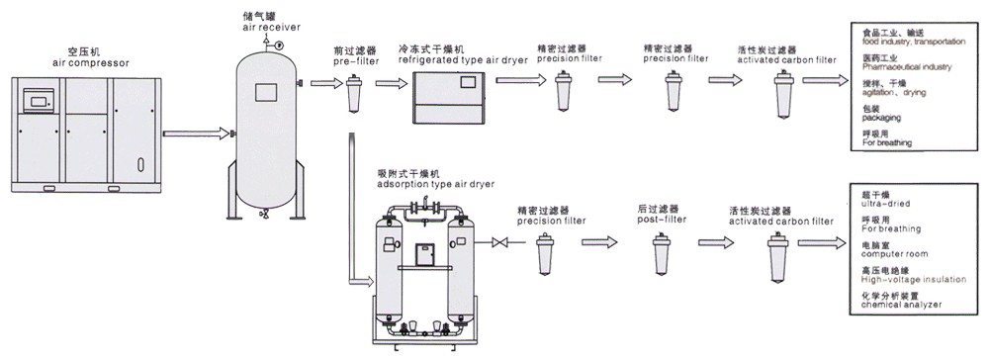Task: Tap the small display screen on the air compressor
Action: [x=41, y=100]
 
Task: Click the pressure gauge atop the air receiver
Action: [x=281, y=45]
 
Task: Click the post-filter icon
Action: [x=661, y=259]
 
